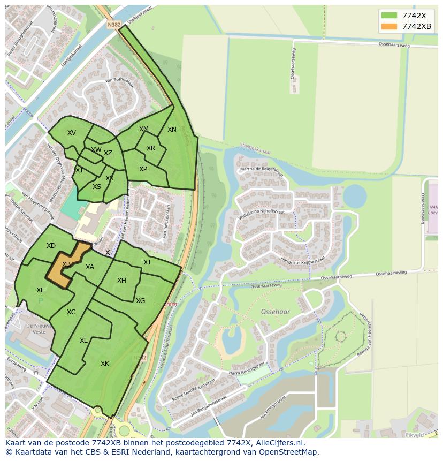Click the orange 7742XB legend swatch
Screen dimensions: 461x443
[389, 27]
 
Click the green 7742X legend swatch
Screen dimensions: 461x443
[389, 16]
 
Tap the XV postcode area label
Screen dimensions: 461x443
[72, 133]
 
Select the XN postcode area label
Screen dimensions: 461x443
[172, 130]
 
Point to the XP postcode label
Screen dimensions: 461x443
[143, 169]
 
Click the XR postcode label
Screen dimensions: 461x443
[151, 148]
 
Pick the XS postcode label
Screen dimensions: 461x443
[97, 187]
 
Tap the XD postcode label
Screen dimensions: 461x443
[51, 246]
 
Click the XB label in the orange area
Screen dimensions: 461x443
[66, 264]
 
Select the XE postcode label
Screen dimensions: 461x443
[41, 290]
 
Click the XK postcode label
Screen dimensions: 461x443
[105, 364]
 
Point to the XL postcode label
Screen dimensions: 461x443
[83, 341]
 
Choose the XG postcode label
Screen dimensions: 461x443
[140, 301]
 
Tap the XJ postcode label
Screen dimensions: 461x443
[147, 262]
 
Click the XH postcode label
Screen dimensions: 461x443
[121, 281]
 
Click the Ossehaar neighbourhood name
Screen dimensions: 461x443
[276, 311]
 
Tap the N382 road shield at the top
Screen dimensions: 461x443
[114, 25]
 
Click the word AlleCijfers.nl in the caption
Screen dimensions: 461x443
[280, 443]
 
